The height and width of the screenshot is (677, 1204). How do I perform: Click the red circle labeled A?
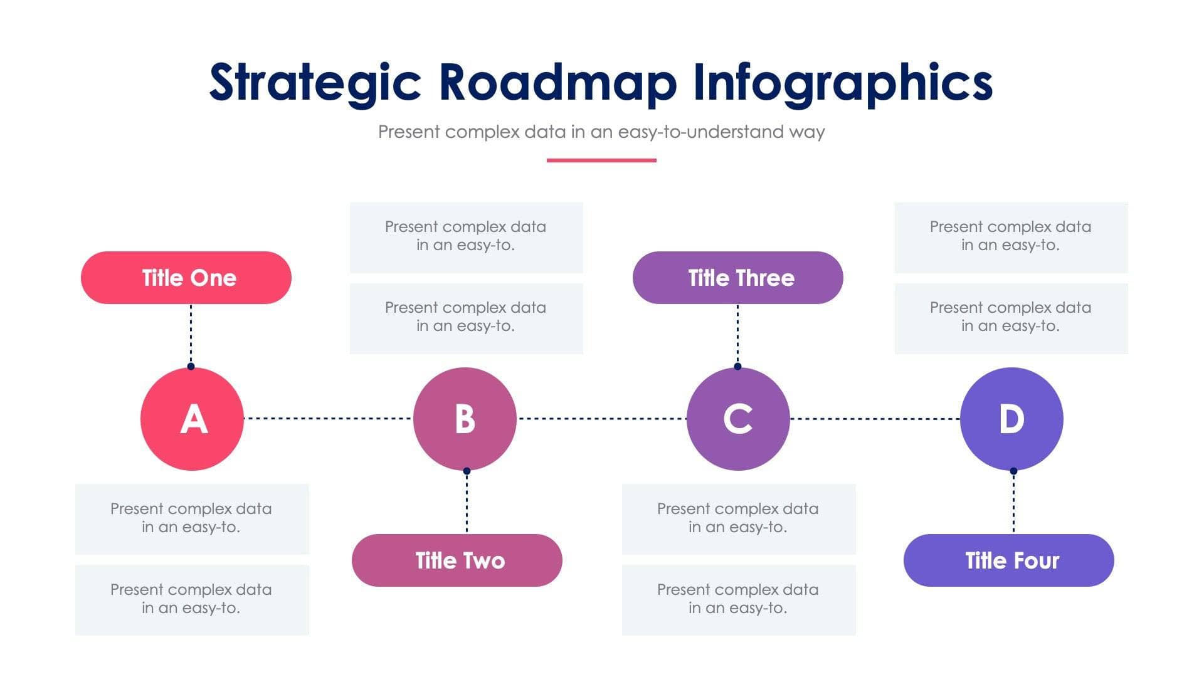(x=192, y=419)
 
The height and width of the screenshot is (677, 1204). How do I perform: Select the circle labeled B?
(x=465, y=419)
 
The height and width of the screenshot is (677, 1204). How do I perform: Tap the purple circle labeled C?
(x=738, y=419)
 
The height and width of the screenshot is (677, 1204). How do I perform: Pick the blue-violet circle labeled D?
(x=1011, y=419)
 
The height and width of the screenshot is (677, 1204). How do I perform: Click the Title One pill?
(x=186, y=278)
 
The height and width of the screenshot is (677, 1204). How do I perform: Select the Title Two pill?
(x=457, y=560)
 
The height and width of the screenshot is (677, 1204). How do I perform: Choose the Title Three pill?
(x=738, y=278)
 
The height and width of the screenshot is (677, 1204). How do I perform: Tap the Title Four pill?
(x=1009, y=560)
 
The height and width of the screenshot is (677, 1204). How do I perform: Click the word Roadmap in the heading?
(x=557, y=83)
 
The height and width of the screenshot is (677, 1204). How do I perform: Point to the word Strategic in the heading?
(x=315, y=83)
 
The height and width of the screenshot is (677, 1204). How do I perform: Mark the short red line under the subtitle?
(x=601, y=160)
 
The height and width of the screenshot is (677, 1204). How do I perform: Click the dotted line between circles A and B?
(x=328, y=418)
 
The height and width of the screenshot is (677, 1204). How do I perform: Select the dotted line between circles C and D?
(x=875, y=418)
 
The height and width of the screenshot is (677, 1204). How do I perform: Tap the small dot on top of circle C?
(x=737, y=366)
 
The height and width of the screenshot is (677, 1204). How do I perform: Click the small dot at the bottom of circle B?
(x=467, y=471)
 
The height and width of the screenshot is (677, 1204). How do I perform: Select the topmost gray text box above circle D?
(x=1011, y=237)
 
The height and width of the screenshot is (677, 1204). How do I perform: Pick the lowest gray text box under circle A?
(x=192, y=600)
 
